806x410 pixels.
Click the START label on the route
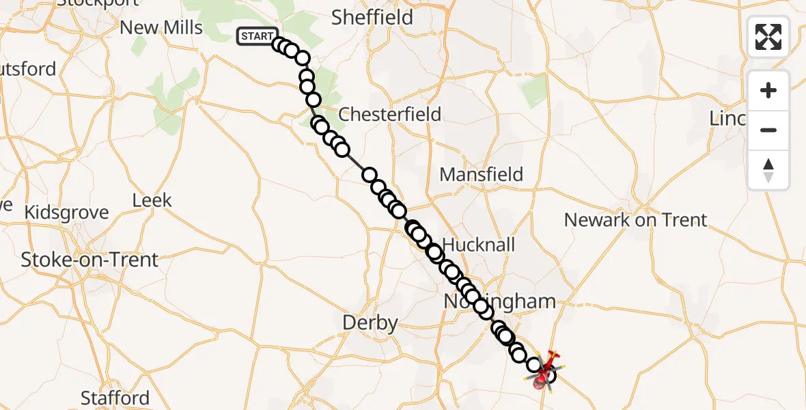[257, 36]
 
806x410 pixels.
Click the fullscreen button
[768, 37]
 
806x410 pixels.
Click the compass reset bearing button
[768, 169]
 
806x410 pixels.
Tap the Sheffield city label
[372, 17]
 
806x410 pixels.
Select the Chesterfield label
[390, 114]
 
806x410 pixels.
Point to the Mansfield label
[481, 174]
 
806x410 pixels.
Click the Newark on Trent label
[636, 220]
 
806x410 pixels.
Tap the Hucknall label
[479, 245]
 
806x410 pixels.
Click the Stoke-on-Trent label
[89, 260]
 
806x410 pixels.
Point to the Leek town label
[152, 201]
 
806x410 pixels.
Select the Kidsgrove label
[66, 213]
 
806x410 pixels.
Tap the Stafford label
[115, 398]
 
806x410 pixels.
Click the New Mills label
[161, 28]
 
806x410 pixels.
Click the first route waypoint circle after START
[279, 45]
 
